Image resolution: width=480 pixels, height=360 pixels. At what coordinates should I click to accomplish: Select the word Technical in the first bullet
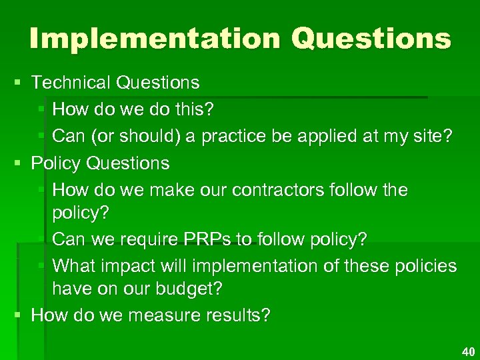71,83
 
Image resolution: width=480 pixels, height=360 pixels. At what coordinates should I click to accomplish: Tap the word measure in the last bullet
167,315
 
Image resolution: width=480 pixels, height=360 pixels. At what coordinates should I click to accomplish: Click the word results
237,315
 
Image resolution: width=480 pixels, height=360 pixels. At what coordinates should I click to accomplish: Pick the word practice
235,137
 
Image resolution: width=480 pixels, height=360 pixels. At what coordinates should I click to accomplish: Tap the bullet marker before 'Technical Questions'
17,83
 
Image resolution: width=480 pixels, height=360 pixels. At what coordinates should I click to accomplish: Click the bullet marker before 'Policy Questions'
17,163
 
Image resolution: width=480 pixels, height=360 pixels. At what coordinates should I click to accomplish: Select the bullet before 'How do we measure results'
17,315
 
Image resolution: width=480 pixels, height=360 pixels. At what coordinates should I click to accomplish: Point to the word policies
424,266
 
